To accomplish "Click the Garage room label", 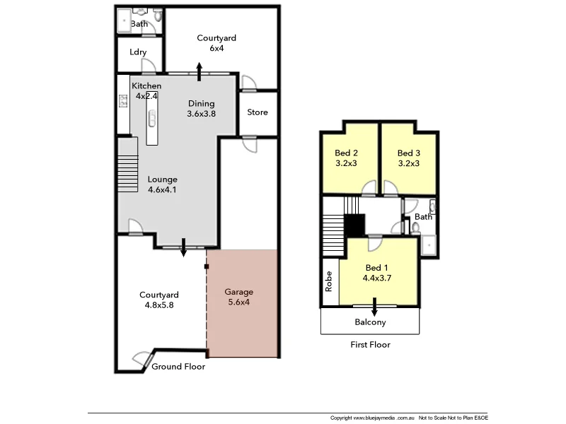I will (238, 292).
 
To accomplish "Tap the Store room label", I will (258, 112).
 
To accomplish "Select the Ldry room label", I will (138, 52).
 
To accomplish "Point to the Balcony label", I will (370, 322).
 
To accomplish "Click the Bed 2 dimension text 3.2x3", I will (346, 163).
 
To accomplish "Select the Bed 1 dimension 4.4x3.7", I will (376, 278).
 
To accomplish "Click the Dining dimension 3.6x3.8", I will (201, 114).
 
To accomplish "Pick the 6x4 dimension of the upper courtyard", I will (216, 48).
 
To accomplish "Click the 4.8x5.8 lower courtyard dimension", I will (158, 305).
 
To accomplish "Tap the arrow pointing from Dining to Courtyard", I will (200, 71).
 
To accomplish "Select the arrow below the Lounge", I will (184, 248).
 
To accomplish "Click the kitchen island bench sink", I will (151, 118).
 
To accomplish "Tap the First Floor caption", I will (370, 345).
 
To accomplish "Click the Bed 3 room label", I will (409, 153).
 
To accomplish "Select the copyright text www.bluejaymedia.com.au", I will (382, 417).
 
